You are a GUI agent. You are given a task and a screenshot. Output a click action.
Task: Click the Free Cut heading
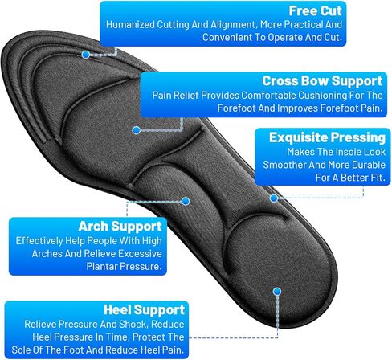[x=315, y=11]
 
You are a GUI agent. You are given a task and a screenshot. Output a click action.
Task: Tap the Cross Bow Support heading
[x=322, y=81]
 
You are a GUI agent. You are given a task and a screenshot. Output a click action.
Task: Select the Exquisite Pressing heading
[x=327, y=137]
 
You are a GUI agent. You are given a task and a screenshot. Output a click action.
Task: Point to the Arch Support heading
[x=120, y=227]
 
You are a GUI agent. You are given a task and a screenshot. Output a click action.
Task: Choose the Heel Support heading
[x=144, y=310]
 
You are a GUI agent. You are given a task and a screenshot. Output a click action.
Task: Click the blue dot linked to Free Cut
[x=86, y=55]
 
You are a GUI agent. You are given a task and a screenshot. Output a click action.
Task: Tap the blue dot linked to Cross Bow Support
[x=137, y=130]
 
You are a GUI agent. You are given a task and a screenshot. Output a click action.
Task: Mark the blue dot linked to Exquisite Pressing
[x=274, y=198]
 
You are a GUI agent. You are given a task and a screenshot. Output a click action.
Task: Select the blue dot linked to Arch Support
[x=186, y=201]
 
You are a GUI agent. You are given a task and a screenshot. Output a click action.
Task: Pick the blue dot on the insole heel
[x=277, y=292]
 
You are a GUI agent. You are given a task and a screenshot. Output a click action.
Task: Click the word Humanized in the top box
[x=130, y=25]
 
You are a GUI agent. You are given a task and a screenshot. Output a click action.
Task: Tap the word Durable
[x=369, y=165]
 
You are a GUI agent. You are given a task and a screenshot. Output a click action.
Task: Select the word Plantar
[x=102, y=267]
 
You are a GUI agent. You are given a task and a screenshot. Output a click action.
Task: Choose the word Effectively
[x=39, y=241]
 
